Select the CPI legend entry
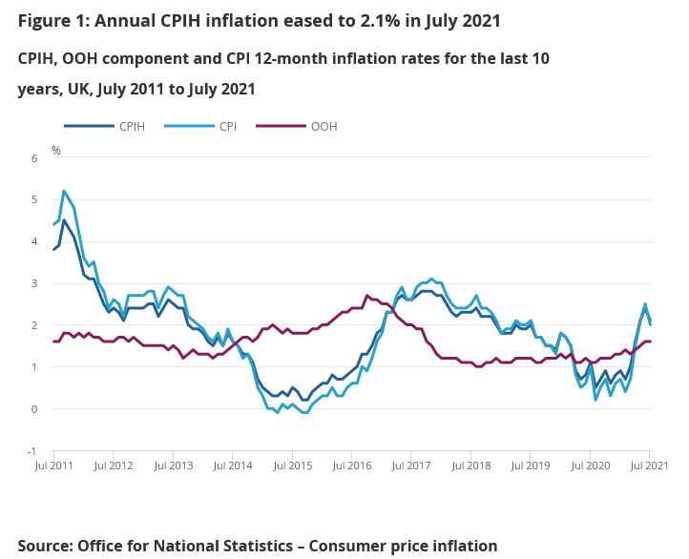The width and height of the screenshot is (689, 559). (227, 126)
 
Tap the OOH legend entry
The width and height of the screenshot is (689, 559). (324, 126)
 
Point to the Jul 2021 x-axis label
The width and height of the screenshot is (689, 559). (649, 466)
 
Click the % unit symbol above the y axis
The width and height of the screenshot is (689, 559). (55, 150)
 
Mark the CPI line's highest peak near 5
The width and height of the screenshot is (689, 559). (64, 191)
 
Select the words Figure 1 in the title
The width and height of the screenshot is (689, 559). (51, 20)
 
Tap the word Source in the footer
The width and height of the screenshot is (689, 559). (45, 546)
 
